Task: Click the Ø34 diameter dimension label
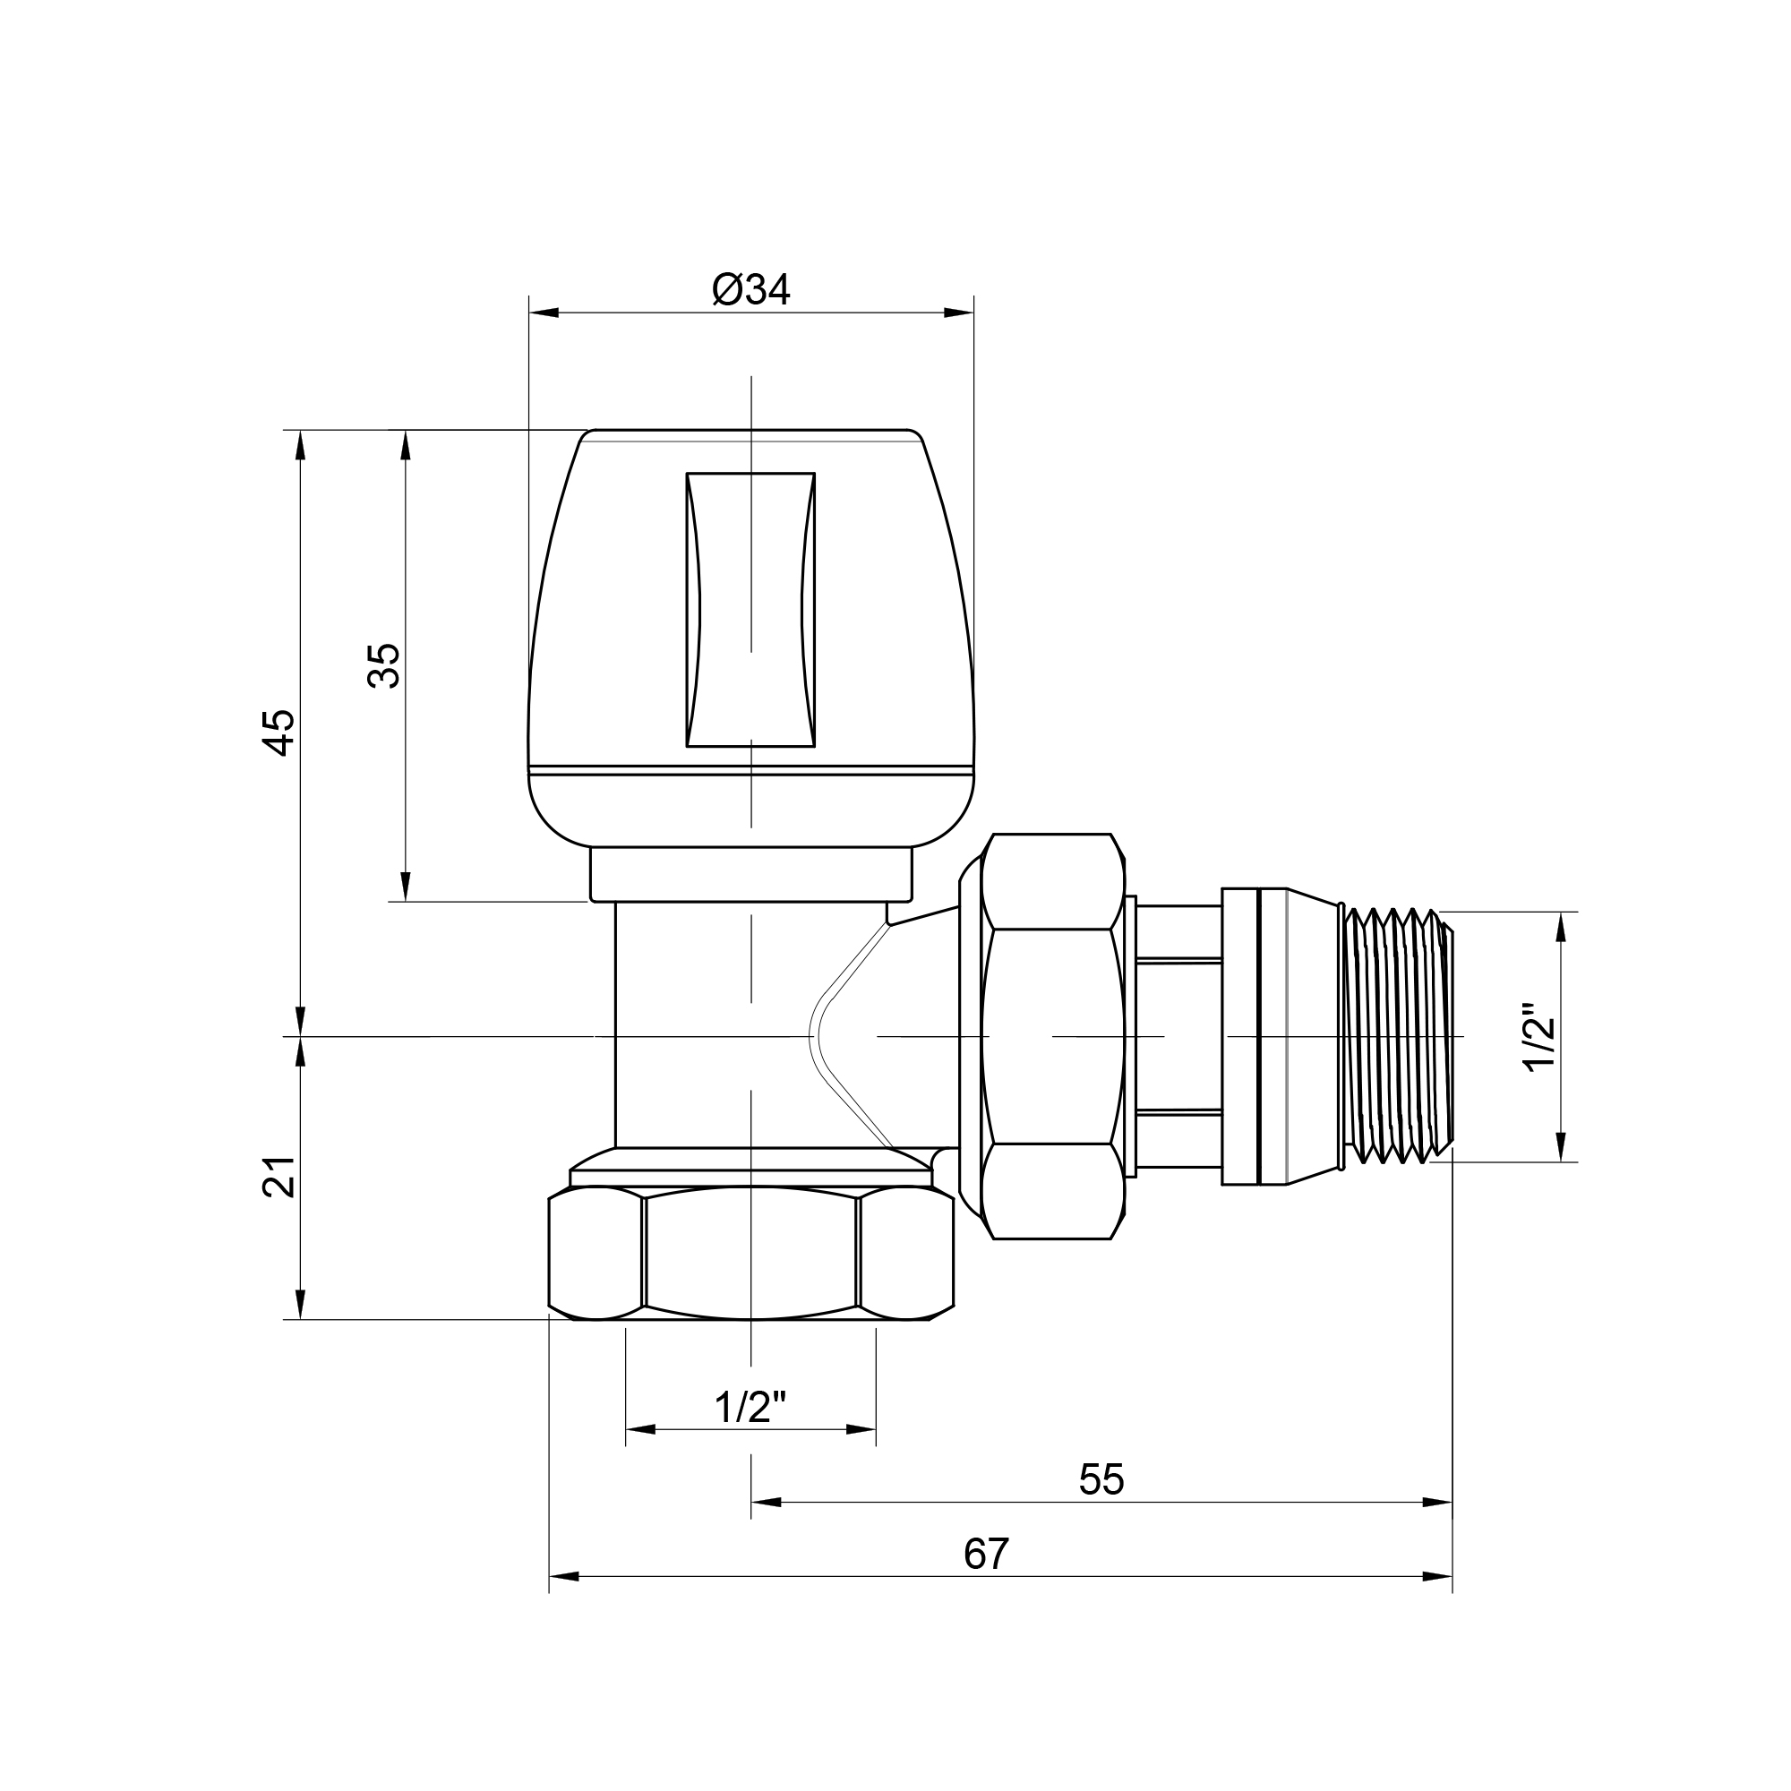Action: pyautogui.click(x=751, y=290)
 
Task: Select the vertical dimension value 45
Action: pyautogui.click(x=280, y=733)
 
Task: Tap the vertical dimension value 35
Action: pyautogui.click(x=385, y=665)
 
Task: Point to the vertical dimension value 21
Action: pyautogui.click(x=280, y=1177)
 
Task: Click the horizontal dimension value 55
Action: pyautogui.click(x=1101, y=1479)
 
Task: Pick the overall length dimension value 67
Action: pyautogui.click(x=985, y=1554)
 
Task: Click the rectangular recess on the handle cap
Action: pyautogui.click(x=751, y=609)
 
